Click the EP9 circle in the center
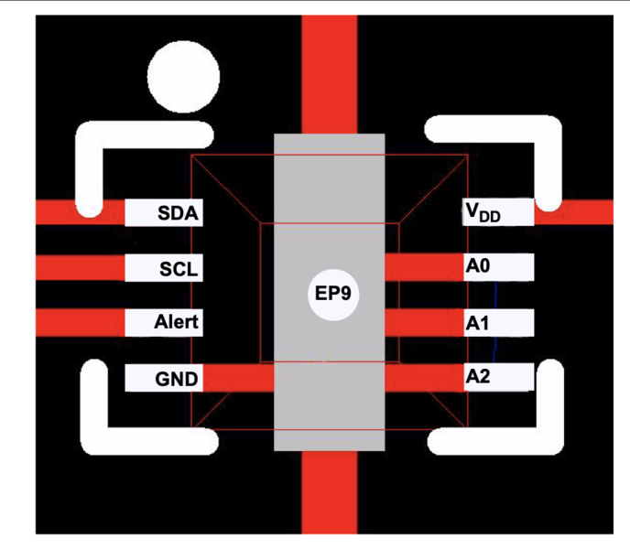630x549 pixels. pos(333,295)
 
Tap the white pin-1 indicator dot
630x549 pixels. pos(184,77)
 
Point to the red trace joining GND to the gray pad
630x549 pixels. pos(237,378)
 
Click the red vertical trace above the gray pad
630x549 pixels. pos(329,73)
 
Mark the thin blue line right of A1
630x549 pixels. pos(496,320)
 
